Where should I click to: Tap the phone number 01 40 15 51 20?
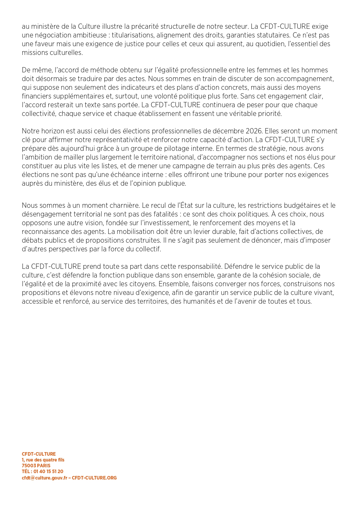click(x=48, y=471)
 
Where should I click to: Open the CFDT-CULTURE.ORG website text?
click(x=94, y=478)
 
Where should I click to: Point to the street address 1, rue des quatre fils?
click(x=43, y=460)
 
